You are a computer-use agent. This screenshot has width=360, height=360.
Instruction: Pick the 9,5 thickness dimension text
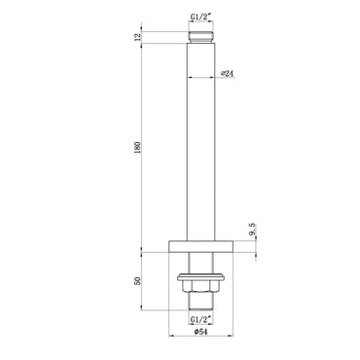pyautogui.click(x=253, y=232)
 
